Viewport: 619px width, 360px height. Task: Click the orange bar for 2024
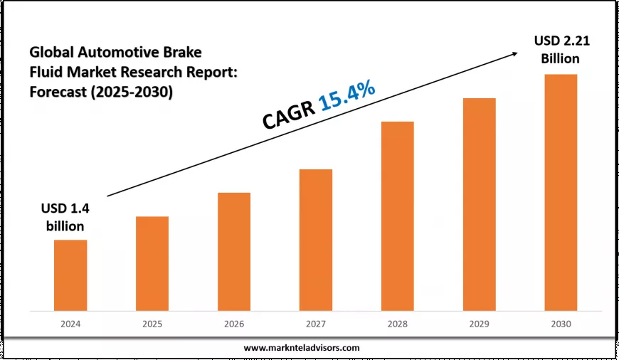pyautogui.click(x=70, y=275)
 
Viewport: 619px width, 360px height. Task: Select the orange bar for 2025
pyautogui.click(x=152, y=263)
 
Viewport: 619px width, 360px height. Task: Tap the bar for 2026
pyautogui.click(x=234, y=252)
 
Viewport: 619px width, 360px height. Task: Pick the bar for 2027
pyautogui.click(x=316, y=240)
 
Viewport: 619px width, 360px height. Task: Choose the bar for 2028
pyautogui.click(x=397, y=216)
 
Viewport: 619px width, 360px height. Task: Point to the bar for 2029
pyautogui.click(x=479, y=204)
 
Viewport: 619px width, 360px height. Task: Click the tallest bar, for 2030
pyautogui.click(x=561, y=192)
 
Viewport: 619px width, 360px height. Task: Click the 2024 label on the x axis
pyautogui.click(x=70, y=323)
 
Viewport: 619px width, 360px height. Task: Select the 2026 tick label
pyautogui.click(x=234, y=323)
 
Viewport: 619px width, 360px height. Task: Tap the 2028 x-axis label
pyautogui.click(x=397, y=323)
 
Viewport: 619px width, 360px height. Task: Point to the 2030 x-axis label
pyautogui.click(x=561, y=323)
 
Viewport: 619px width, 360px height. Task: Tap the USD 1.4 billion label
pyautogui.click(x=61, y=218)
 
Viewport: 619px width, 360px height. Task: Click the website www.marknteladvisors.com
pyautogui.click(x=302, y=348)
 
